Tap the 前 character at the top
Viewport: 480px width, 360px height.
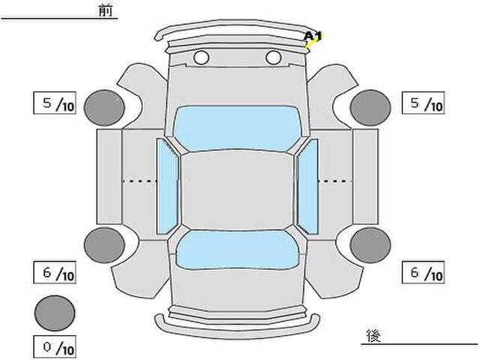coord(106,10)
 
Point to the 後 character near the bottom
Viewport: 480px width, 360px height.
coord(373,335)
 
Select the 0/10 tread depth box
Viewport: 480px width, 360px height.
coord(55,346)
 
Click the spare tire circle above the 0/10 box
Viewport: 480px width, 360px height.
coord(55,313)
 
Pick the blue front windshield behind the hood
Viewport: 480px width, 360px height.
coord(237,128)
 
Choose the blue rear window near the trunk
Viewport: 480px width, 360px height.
coord(237,250)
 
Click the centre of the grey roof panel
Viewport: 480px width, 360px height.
coord(237,190)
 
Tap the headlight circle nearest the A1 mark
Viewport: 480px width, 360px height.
coord(273,57)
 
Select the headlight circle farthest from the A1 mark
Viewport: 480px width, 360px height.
coord(201,57)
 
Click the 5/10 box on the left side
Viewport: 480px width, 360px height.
coord(55,103)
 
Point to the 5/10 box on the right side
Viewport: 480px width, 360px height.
coord(423,103)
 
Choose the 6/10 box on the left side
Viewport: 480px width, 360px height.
coord(55,272)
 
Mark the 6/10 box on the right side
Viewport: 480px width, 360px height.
coord(423,272)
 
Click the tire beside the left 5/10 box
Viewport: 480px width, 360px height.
coord(104,107)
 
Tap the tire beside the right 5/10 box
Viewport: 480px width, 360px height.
coord(370,107)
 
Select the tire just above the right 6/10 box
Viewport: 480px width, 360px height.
coord(370,245)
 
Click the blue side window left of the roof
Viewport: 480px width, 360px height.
coord(167,186)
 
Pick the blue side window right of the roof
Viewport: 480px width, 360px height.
coord(307,186)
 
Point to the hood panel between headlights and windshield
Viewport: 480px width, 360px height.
coord(237,85)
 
